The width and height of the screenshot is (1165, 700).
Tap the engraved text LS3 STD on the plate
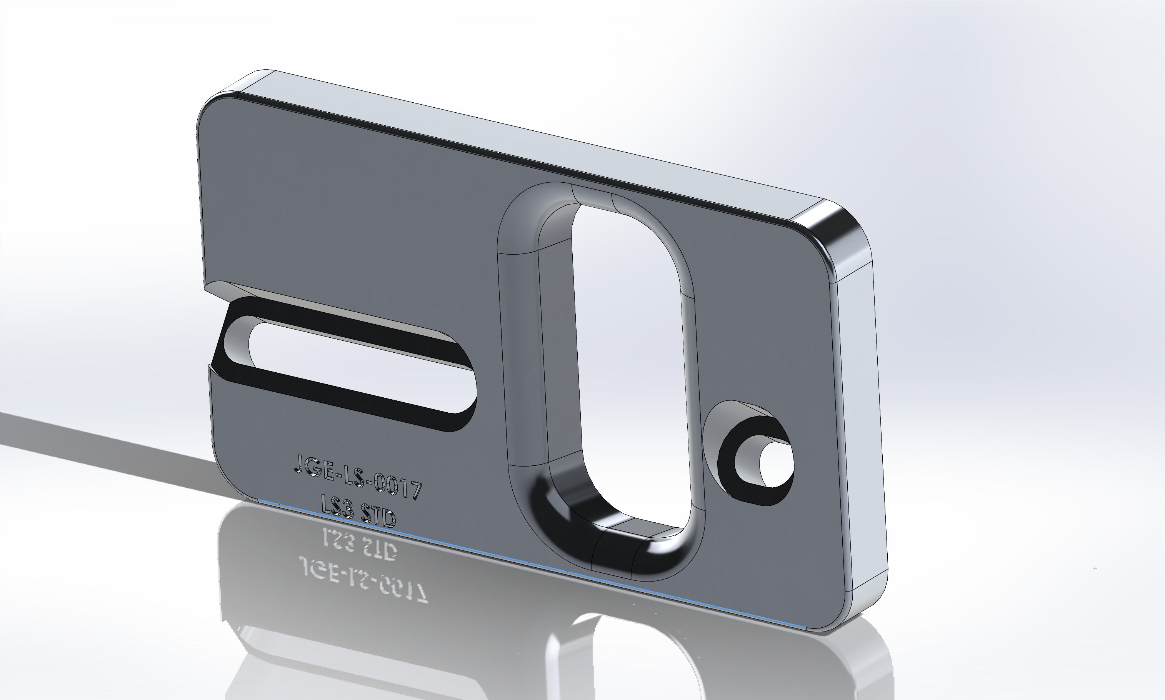tap(358, 511)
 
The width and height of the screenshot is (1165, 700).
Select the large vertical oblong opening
tap(627, 358)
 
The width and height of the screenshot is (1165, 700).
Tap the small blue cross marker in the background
tap(1094, 568)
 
